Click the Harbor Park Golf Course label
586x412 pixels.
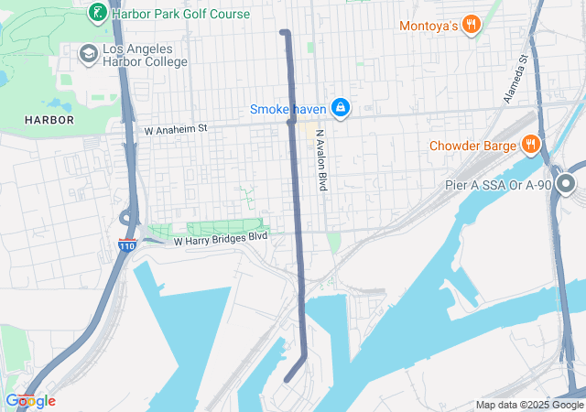pyautogui.click(x=180, y=14)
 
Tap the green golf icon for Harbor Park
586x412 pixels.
pyautogui.click(x=96, y=14)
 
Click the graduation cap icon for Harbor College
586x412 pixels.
pyautogui.click(x=89, y=55)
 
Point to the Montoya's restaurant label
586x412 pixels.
pyautogui.click(x=428, y=26)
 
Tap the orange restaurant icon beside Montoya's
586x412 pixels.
pyautogui.click(x=472, y=25)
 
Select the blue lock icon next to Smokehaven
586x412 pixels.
pyautogui.click(x=340, y=108)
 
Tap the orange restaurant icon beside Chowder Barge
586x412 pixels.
pyautogui.click(x=530, y=144)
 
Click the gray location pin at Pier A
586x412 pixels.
pyautogui.click(x=565, y=186)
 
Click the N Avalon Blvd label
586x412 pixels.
pyautogui.click(x=321, y=159)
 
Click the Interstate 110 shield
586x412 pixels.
pyautogui.click(x=127, y=245)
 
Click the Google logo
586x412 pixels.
pyautogui.click(x=29, y=401)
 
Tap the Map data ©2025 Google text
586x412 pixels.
pyautogui.click(x=528, y=405)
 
